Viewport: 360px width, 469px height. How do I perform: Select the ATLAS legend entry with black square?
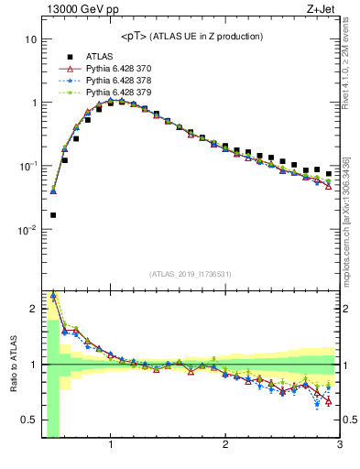point(100,56)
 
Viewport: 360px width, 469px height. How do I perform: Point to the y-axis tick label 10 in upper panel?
point(29,39)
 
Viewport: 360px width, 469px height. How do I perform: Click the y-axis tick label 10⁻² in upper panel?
point(27,229)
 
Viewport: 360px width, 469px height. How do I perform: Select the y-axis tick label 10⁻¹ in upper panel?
point(27,166)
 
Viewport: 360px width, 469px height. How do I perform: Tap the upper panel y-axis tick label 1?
point(33,103)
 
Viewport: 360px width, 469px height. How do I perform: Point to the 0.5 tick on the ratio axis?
point(28,420)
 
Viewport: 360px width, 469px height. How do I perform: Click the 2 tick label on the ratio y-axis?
point(33,308)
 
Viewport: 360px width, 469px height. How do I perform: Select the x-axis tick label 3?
point(340,445)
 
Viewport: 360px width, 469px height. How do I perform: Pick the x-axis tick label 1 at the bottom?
point(111,445)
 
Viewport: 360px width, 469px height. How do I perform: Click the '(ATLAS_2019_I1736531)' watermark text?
point(191,274)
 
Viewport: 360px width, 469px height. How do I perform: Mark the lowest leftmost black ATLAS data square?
point(53,215)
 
